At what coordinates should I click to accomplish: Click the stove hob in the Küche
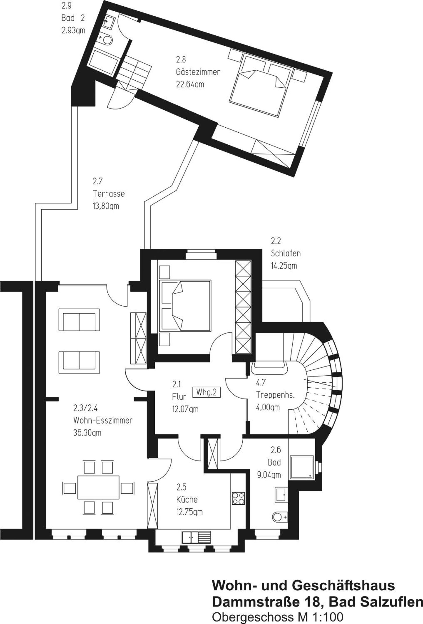238,498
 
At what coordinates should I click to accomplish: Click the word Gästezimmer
198,72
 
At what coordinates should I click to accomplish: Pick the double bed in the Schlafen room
185,305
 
